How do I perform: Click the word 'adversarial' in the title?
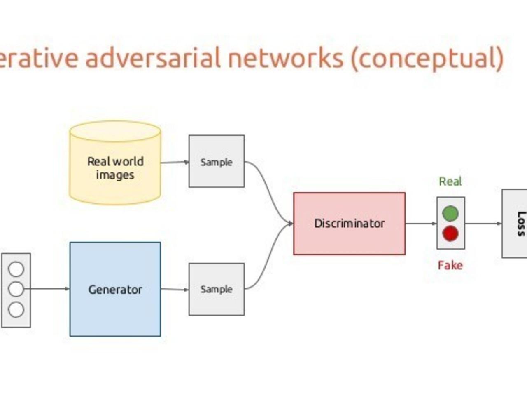[153, 58]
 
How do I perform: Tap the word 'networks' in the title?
[286, 58]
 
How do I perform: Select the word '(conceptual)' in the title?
[427, 59]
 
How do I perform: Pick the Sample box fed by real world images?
[217, 161]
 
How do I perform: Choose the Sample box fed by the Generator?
[217, 289]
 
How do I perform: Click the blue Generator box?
[115, 289]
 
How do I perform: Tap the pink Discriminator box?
[349, 223]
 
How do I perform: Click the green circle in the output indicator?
[450, 213]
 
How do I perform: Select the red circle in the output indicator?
[450, 233]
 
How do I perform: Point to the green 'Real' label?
[450, 181]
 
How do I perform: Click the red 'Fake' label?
[450, 265]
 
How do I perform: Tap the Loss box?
[515, 224]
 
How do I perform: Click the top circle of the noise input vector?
[16, 269]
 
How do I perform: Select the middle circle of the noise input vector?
[16, 289]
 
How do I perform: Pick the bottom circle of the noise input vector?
[16, 309]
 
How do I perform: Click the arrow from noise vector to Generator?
[47, 288]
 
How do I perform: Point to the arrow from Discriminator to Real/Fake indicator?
[421, 224]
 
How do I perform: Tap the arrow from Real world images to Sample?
[175, 162]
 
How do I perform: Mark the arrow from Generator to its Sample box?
[175, 289]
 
